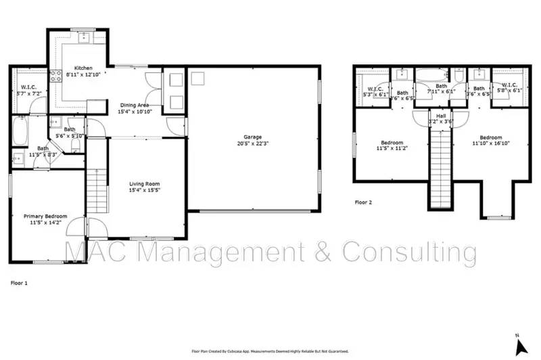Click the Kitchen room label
[83, 68]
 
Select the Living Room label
[145, 184]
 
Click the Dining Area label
[134, 105]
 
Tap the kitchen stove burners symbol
[55, 74]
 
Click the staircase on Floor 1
[96, 189]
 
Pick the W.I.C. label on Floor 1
[28, 87]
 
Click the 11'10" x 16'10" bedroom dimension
[490, 143]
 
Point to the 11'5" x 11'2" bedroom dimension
[392, 148]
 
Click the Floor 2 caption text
[364, 202]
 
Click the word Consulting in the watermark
[408, 252]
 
